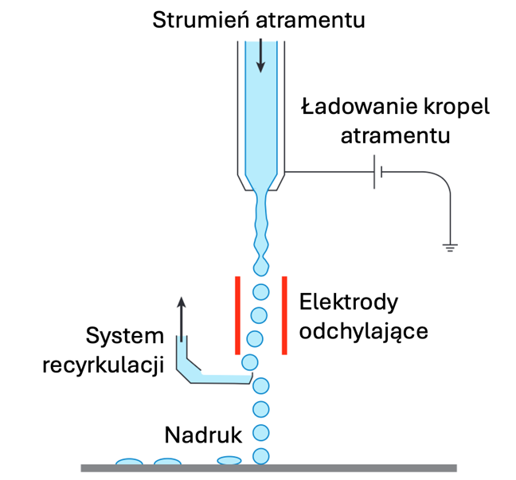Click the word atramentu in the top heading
pyautogui.click(x=311, y=21)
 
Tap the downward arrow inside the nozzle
pyautogui.click(x=260, y=55)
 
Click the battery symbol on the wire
pyautogui.click(x=377, y=172)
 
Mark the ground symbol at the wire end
pyautogui.click(x=450, y=248)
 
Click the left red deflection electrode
pyautogui.click(x=237, y=315)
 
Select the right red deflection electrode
pyautogui.click(x=284, y=315)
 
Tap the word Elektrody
pyautogui.click(x=349, y=302)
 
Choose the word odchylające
pyautogui.click(x=364, y=331)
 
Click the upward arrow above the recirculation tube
pyautogui.click(x=181, y=319)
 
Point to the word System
pyautogui.click(x=125, y=336)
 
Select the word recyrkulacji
pyautogui.click(x=104, y=365)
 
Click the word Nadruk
pyautogui.click(x=203, y=435)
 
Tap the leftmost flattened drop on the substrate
pyautogui.click(x=129, y=462)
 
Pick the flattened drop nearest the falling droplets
pyautogui.click(x=229, y=460)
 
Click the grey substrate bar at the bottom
pyautogui.click(x=269, y=468)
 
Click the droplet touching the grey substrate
pyautogui.click(x=261, y=456)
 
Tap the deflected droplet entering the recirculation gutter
pyautogui.click(x=250, y=362)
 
